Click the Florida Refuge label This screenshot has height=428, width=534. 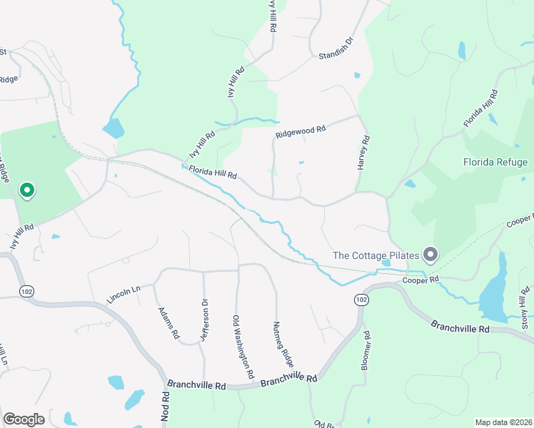point(495,162)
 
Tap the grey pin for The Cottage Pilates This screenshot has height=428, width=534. point(430,254)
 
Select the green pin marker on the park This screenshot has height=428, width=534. point(27,190)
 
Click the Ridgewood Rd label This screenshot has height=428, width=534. point(301,131)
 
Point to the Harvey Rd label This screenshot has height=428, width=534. point(363,152)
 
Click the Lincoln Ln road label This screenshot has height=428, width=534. point(123,292)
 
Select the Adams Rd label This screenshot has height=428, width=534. point(168,322)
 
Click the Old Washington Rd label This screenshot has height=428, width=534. point(243,347)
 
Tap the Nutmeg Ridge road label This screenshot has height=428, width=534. point(282,343)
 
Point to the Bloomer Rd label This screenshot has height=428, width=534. point(366,349)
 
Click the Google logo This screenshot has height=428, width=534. point(24,419)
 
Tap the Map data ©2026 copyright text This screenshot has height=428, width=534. point(503,422)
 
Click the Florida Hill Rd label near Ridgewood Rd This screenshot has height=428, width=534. point(212,172)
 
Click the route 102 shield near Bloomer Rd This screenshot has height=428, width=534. point(362,300)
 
